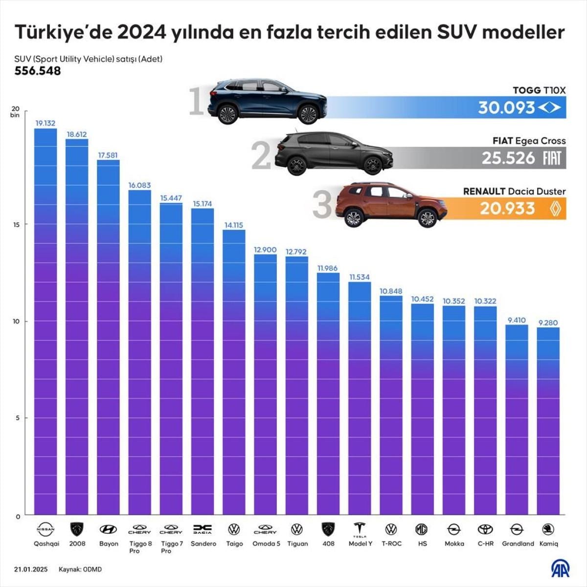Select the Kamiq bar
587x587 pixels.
548,421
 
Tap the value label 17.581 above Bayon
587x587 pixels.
108,155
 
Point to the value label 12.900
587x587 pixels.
265,249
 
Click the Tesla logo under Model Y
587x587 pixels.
360,530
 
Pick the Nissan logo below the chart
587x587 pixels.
46,529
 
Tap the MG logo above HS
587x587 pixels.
422,529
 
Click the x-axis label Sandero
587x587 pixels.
203,543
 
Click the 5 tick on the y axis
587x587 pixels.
18,418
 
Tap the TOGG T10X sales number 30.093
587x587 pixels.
506,108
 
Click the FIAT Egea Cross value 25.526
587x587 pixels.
508,158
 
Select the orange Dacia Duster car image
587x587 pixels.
391,204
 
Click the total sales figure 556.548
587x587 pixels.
38,71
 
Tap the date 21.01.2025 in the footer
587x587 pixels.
30,569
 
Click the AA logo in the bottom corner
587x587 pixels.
561,568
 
